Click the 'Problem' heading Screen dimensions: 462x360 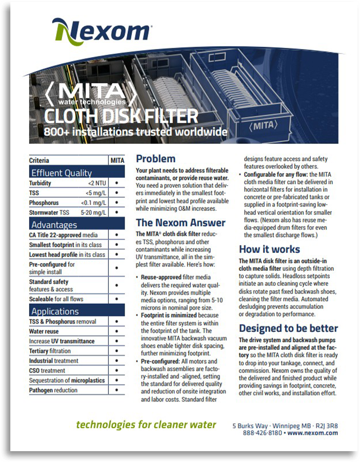tap(156, 159)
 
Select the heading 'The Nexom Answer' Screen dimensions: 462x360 tap(181, 223)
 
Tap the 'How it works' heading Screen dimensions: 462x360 tap(269, 249)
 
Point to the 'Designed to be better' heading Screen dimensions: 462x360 tap(288, 329)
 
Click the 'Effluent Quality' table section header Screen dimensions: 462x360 tap(62, 172)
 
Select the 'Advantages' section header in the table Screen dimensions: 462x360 tap(54, 225)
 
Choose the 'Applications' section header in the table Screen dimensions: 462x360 tap(55, 311)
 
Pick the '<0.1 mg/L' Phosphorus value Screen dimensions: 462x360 tap(93, 203)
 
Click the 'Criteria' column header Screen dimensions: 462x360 tap(39, 161)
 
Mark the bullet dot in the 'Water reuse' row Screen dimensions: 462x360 tap(117, 331)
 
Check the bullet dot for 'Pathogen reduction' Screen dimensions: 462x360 tap(117, 390)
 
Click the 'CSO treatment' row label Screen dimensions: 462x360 tap(47, 370)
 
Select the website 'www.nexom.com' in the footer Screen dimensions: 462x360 tap(313, 433)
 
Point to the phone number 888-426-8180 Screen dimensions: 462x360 tap(262, 433)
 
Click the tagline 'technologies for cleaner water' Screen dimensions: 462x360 tap(146, 425)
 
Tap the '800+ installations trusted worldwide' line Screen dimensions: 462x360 tap(136, 132)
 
